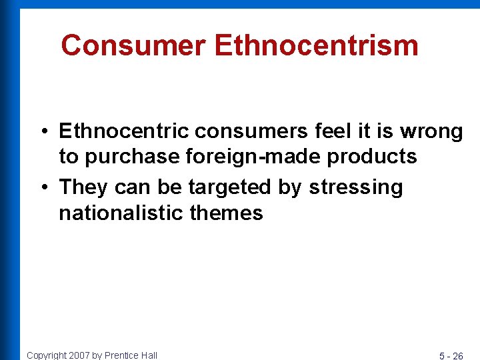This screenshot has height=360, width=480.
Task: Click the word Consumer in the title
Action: [x=133, y=46]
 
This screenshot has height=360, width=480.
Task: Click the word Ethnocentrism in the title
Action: [x=317, y=46]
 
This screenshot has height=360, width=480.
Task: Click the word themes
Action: [x=227, y=213]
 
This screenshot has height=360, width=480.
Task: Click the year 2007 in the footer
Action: [x=79, y=355]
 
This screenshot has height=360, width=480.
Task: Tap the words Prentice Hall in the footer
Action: [x=131, y=355]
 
